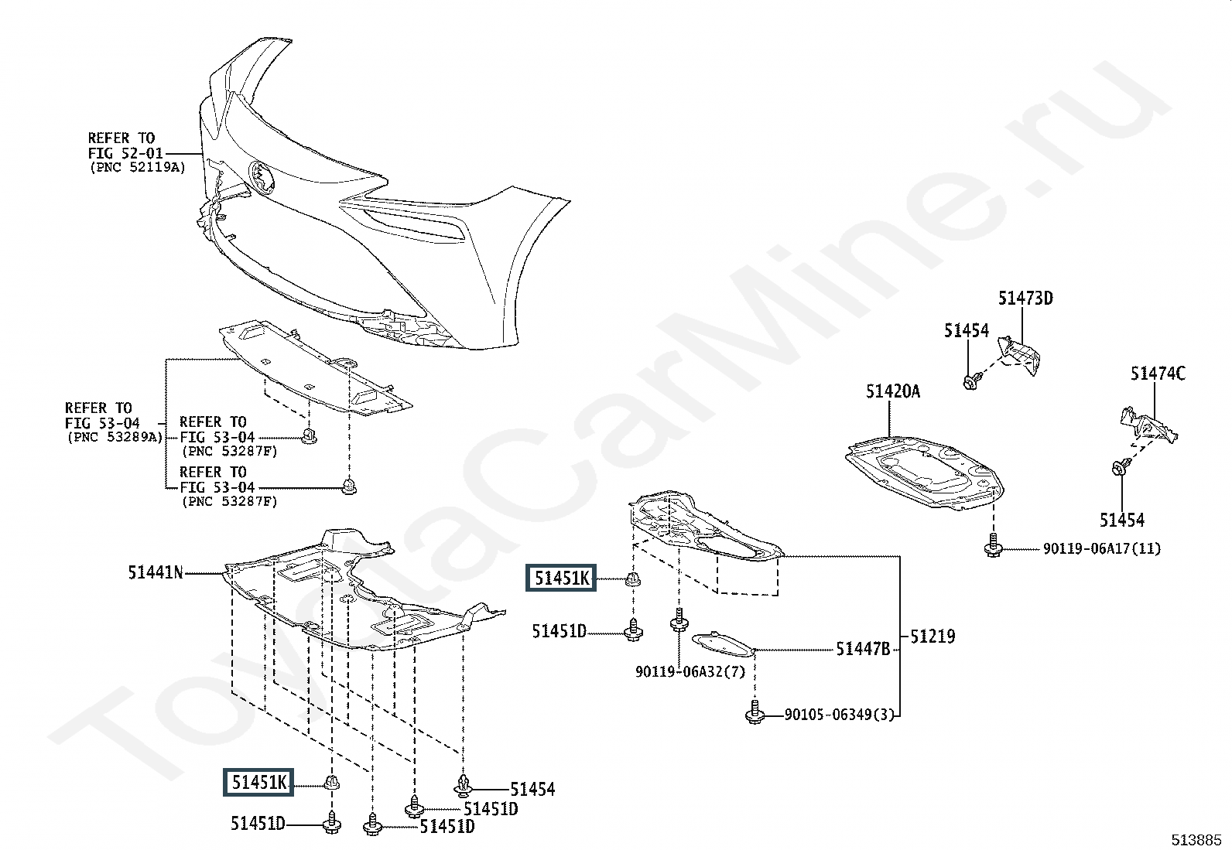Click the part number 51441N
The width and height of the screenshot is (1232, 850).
coord(156,573)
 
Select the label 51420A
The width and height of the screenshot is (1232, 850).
coord(893,392)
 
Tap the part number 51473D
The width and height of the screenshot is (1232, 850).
coord(1025,299)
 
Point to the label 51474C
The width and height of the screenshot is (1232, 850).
coord(1157,374)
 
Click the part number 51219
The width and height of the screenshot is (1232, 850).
coord(933,637)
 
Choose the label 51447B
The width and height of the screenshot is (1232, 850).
coord(863,650)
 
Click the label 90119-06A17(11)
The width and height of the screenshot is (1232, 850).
coord(1102,549)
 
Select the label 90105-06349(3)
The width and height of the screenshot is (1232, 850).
coord(839,715)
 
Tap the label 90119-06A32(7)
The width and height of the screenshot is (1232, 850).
coord(690,672)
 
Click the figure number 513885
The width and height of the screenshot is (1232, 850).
coord(1196,839)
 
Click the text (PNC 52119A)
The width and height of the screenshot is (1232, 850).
coord(137,167)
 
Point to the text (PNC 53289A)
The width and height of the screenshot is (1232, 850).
coord(114,437)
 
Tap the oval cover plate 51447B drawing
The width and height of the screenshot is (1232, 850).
coord(721,643)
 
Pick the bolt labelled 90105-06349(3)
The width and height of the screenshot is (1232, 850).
coord(754,714)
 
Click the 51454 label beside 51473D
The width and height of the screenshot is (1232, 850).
coord(966,331)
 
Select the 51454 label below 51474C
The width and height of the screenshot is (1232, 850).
coord(1121,520)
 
